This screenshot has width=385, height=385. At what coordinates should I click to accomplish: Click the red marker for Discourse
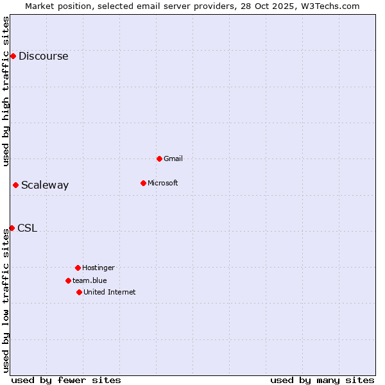13,56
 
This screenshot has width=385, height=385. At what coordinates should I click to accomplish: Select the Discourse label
43,56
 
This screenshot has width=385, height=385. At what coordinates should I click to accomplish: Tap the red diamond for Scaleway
15,185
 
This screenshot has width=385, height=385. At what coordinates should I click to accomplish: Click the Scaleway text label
45,185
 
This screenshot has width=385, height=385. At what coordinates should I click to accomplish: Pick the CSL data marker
12,228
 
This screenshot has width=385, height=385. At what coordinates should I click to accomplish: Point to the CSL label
27,228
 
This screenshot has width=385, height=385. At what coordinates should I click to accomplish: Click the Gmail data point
159,158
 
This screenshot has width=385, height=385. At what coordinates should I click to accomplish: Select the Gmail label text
173,158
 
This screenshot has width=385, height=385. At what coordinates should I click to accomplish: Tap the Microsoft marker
143,183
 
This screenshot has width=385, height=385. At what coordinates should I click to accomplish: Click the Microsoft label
162,183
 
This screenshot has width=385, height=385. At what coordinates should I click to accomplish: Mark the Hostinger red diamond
78,268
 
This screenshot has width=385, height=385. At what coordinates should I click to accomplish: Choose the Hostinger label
98,268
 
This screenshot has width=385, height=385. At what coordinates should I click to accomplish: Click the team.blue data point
68,280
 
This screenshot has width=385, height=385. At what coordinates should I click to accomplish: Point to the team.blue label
89,280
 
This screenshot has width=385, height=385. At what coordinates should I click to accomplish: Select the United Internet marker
79,292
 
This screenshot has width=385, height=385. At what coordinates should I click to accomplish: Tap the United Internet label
109,292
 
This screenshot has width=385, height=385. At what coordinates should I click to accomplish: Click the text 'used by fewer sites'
66,380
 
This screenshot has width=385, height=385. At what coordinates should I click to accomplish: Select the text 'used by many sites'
322,380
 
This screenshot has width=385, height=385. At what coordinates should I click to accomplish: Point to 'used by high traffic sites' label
6,91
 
